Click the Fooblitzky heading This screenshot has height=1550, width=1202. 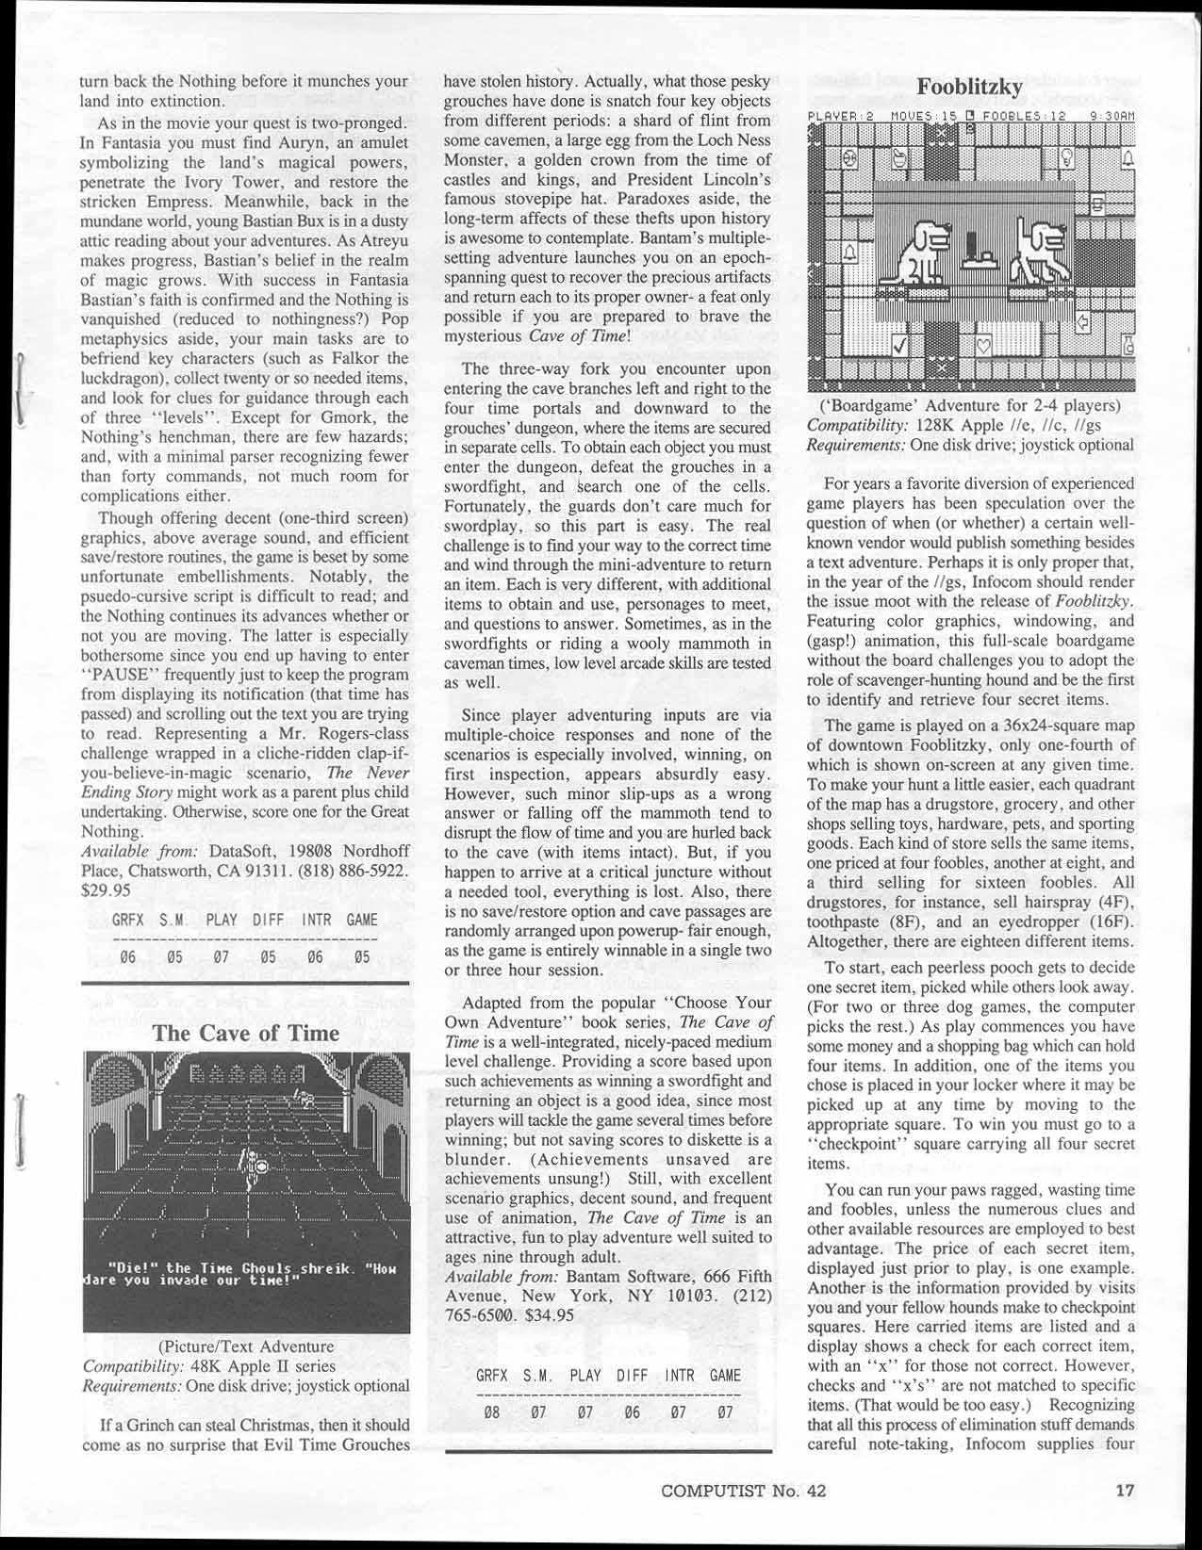point(970,88)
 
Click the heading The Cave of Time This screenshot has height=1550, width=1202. point(246,1033)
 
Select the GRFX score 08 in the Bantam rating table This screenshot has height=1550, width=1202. point(490,1412)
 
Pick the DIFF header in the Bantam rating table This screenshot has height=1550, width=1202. point(633,1376)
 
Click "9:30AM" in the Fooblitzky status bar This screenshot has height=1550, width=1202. point(1110,117)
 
